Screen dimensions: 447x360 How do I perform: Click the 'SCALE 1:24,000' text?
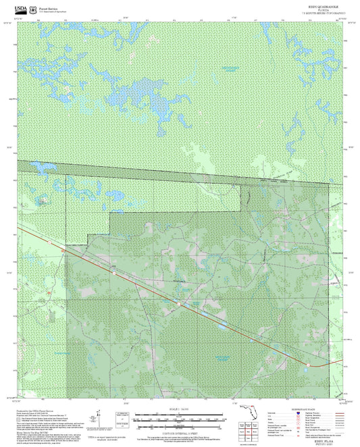point(180,409)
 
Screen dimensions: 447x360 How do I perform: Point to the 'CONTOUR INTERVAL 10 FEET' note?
point(180,432)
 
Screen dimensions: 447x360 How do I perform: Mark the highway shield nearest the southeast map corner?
point(307,365)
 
